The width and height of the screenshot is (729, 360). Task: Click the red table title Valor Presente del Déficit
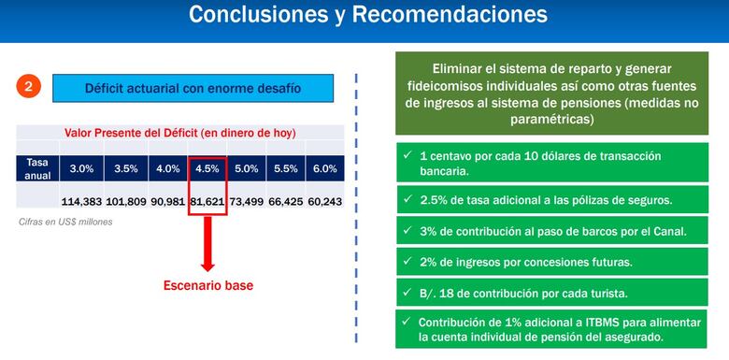180,133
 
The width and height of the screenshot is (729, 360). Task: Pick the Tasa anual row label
36,168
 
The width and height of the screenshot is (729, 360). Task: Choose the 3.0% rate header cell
81,168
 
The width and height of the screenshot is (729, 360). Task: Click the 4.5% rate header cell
207,168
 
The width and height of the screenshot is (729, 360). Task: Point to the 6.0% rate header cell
325,168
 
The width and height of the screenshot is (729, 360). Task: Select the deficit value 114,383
82,201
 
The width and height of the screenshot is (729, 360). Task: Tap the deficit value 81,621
207,201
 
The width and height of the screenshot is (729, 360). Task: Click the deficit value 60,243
325,201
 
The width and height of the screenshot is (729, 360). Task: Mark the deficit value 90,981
166,201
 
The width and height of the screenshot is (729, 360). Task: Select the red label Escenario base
207,285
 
